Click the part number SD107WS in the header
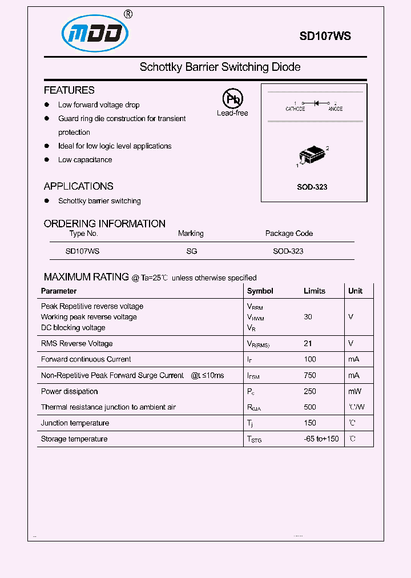click(325, 35)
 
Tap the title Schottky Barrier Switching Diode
click(220, 67)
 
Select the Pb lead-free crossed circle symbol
click(232, 99)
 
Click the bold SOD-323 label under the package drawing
click(312, 187)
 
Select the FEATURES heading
click(69, 90)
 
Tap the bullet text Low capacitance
click(85, 160)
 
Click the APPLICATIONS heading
click(78, 186)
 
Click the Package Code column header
click(289, 233)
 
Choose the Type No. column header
click(83, 233)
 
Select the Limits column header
click(314, 291)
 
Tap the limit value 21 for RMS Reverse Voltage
click(308, 343)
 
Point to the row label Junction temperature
click(75, 423)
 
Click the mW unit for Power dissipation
click(354, 391)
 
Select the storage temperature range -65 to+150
click(321, 439)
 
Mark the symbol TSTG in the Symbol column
click(254, 440)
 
